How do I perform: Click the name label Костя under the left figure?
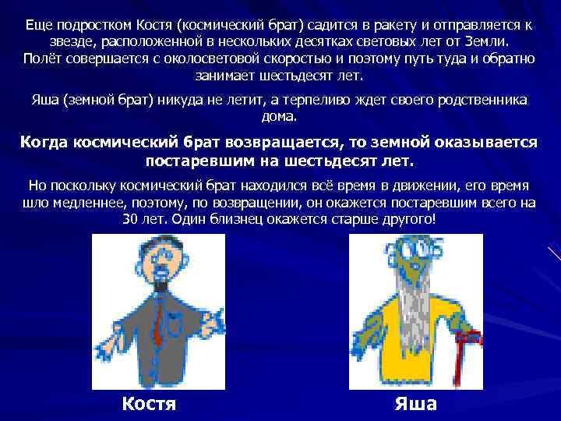(x=149, y=403)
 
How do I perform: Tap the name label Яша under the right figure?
(x=415, y=403)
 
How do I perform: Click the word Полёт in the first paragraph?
(x=42, y=60)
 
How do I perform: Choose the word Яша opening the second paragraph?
(x=44, y=100)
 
